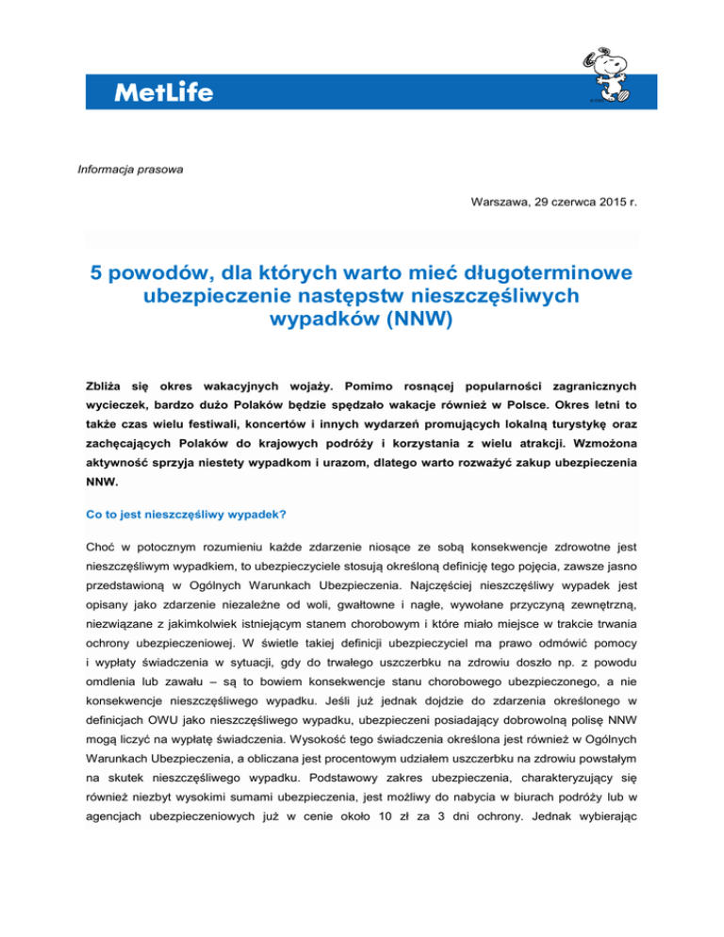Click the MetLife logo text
pyautogui.click(x=163, y=92)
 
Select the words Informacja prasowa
pyautogui.click(x=117, y=170)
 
